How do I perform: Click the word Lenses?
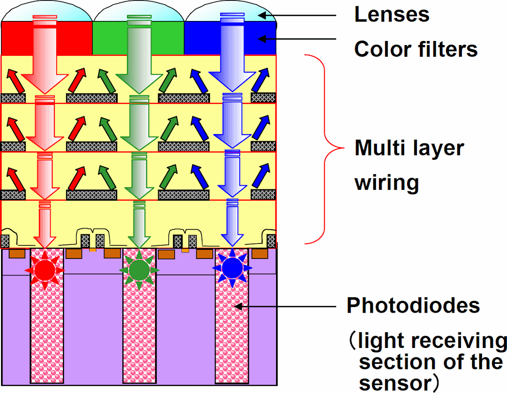tap(392, 15)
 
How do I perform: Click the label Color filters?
tap(416, 50)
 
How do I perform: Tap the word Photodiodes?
tap(413, 306)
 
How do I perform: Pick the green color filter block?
tap(108, 38)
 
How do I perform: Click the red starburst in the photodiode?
tap(45, 269)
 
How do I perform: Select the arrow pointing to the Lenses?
tap(297, 15)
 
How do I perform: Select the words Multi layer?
tap(409, 148)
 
